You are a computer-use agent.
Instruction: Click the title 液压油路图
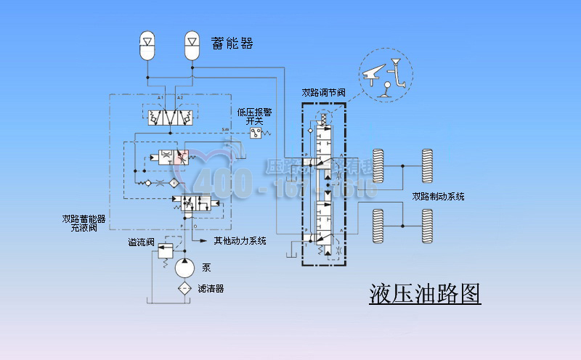click(425, 293)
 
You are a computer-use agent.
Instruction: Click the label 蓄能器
click(232, 43)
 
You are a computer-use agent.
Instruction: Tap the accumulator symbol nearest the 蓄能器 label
click(192, 45)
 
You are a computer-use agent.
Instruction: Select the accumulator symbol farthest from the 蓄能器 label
click(148, 45)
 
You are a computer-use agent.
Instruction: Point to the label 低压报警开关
click(254, 116)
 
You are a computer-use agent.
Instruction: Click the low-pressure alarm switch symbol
click(256, 134)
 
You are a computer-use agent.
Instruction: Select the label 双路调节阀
click(323, 93)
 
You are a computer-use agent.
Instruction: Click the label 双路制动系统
click(438, 197)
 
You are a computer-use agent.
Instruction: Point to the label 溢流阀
click(140, 242)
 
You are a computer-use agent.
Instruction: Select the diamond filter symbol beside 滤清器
click(184, 288)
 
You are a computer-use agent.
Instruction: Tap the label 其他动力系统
click(240, 241)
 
